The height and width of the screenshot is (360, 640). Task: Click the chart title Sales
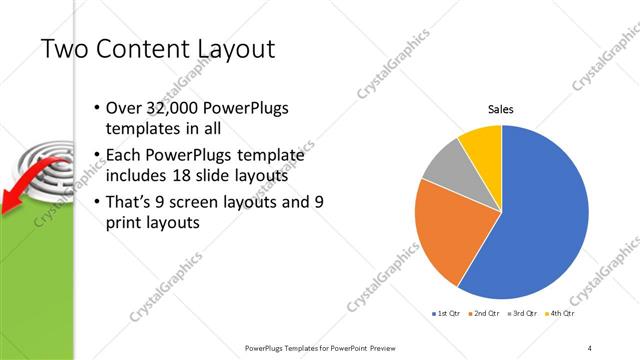coord(501,109)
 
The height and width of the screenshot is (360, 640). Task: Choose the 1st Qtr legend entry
coord(445,313)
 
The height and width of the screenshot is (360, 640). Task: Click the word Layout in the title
coord(229,49)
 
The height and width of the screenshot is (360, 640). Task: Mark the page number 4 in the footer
coord(589,347)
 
